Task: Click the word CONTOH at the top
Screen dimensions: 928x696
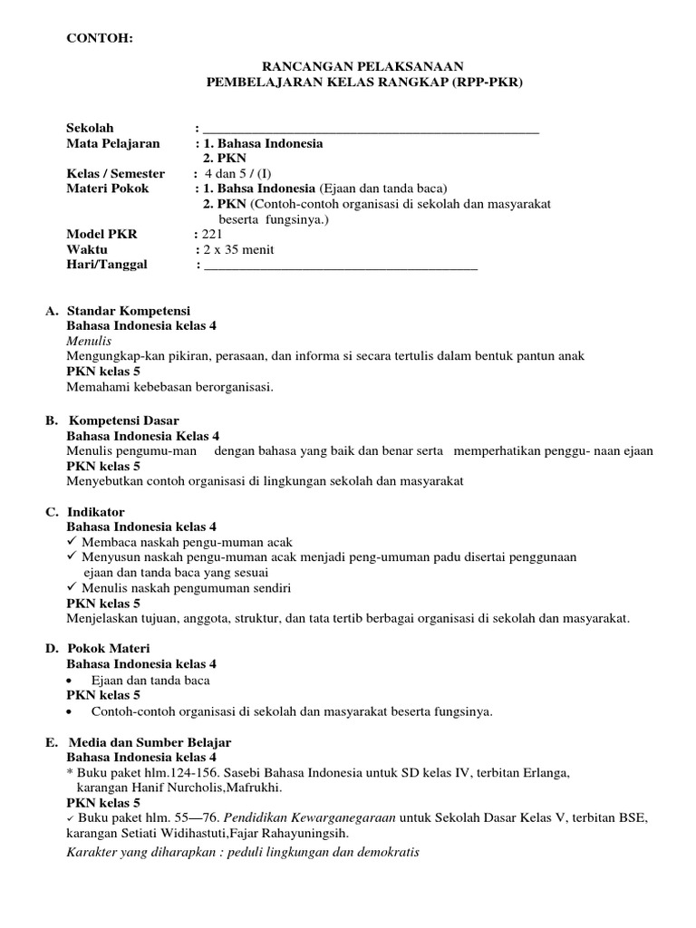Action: coord(100,37)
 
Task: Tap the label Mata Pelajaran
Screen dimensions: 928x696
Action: coord(113,143)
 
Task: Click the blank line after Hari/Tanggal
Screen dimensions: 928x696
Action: coord(340,266)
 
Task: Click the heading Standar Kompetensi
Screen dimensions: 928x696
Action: coord(129,311)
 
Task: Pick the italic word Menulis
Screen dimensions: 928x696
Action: coord(89,341)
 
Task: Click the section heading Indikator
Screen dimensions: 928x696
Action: coord(96,512)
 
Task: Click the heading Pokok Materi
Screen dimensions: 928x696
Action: coord(109,649)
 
